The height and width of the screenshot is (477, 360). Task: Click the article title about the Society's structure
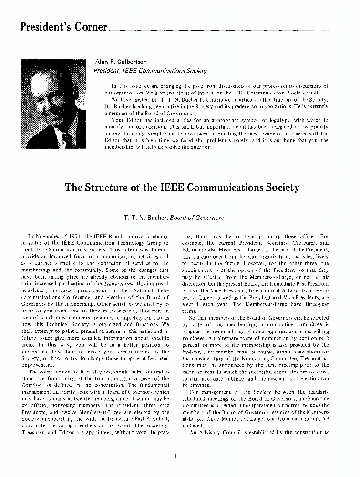click(x=182, y=187)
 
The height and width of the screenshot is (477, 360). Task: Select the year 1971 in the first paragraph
click(x=79, y=236)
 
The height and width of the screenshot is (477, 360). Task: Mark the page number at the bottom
click(x=176, y=456)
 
